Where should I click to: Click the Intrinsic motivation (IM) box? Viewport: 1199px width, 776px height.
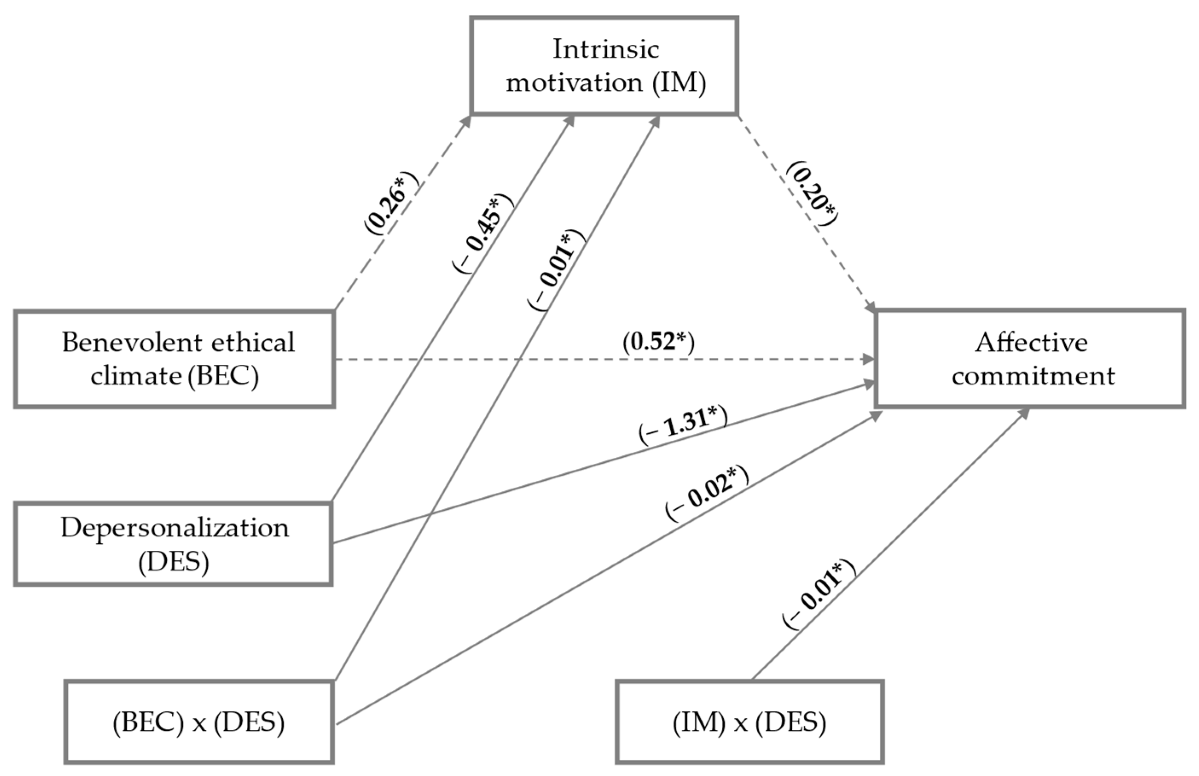point(604,66)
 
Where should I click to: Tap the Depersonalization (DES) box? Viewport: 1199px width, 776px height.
point(173,544)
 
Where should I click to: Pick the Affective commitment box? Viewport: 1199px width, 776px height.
point(1030,359)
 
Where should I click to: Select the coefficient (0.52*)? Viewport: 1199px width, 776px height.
point(658,342)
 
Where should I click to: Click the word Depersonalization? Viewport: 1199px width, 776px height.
point(175,528)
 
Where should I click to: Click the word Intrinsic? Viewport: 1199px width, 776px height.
point(606,49)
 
